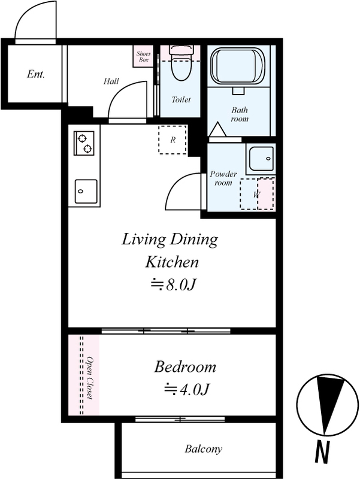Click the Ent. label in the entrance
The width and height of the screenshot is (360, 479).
click(x=36, y=74)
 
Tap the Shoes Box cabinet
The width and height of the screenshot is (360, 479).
click(x=143, y=56)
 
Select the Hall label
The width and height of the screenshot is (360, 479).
click(x=111, y=81)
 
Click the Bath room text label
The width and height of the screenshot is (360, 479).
click(x=240, y=114)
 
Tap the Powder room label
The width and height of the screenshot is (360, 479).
click(x=223, y=178)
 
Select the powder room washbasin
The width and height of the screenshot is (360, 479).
click(x=261, y=159)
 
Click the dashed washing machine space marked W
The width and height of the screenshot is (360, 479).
click(x=257, y=193)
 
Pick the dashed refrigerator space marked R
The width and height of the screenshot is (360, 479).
click(x=173, y=140)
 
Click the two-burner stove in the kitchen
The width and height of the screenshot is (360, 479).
click(x=84, y=143)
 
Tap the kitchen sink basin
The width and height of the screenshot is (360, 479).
click(x=86, y=192)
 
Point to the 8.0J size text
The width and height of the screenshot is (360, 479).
click(x=173, y=285)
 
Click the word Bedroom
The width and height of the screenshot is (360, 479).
click(x=185, y=366)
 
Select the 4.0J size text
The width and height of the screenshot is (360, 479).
click(x=186, y=389)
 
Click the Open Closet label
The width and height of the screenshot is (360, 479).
click(x=90, y=378)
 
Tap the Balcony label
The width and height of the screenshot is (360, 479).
click(x=203, y=449)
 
